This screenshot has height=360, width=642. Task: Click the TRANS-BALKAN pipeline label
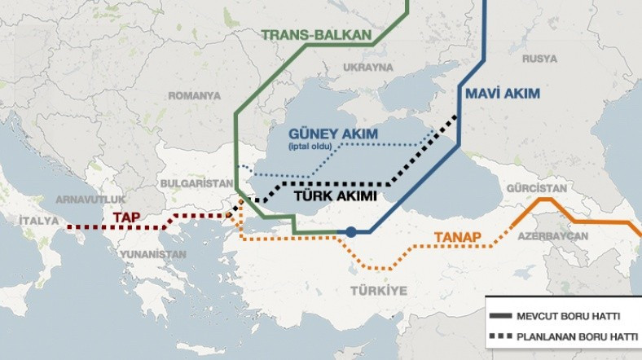click(x=317, y=35)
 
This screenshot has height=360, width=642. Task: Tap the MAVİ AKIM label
click(x=503, y=94)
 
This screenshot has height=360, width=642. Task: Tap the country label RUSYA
click(x=539, y=59)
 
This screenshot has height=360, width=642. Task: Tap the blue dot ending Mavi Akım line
click(x=350, y=232)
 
